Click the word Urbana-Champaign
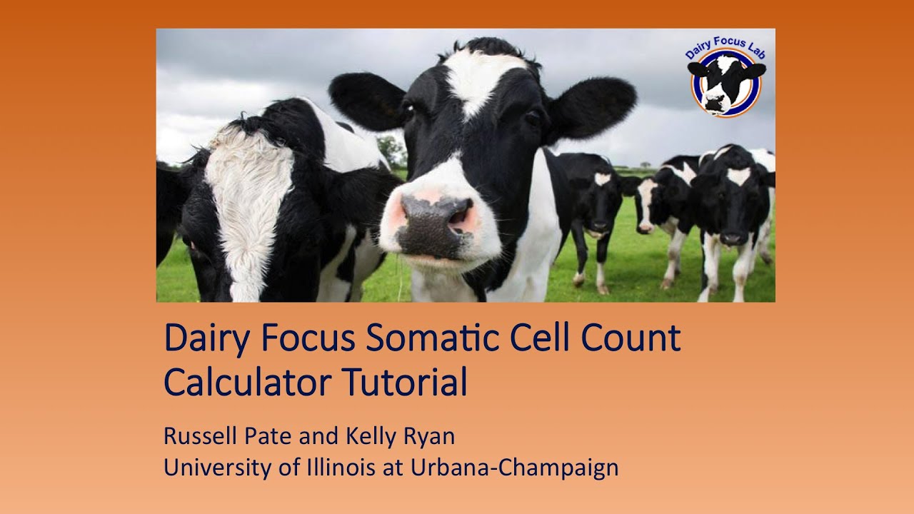pyautogui.click(x=514, y=468)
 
